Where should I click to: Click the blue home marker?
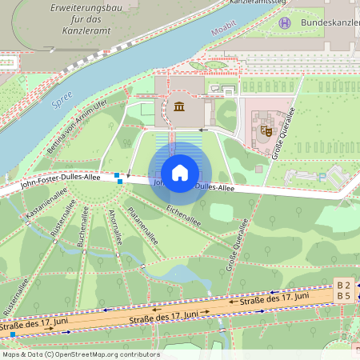click(x=180, y=173)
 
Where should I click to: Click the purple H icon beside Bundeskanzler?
click(x=284, y=22)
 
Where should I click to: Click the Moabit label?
click(x=224, y=33)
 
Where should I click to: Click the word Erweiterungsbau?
click(x=85, y=7)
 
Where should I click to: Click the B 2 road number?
click(x=344, y=286)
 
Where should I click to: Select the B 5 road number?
click(x=344, y=297)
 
